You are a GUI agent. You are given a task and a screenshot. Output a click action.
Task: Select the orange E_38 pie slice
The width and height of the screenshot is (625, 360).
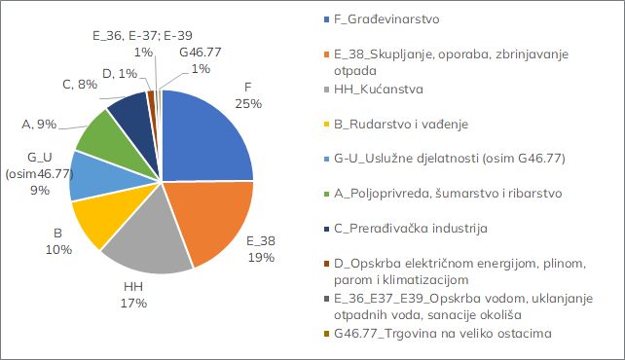[x=208, y=218]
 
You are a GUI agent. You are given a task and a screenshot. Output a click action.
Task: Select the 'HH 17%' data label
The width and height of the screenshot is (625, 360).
[x=134, y=295]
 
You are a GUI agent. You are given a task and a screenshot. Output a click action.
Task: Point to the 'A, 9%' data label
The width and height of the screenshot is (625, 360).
[x=39, y=124]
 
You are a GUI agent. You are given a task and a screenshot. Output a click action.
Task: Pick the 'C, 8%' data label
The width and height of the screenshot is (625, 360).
[x=80, y=85]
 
